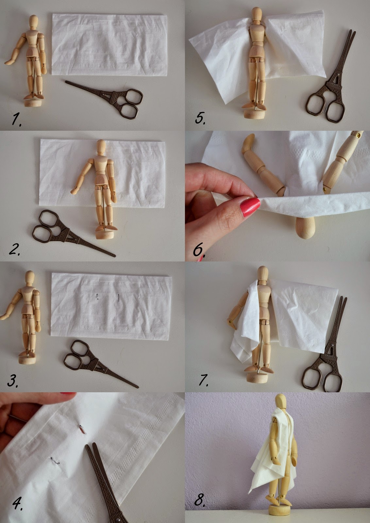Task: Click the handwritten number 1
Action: click(x=16, y=119)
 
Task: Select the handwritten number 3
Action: click(x=12, y=380)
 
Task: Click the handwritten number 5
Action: click(x=200, y=118)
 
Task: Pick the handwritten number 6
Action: click(x=199, y=250)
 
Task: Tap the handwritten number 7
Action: click(x=203, y=380)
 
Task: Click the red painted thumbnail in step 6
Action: click(x=250, y=207)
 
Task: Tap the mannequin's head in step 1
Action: click(x=34, y=22)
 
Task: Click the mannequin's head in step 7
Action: click(x=263, y=273)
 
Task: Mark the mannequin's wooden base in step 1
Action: click(x=33, y=102)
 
